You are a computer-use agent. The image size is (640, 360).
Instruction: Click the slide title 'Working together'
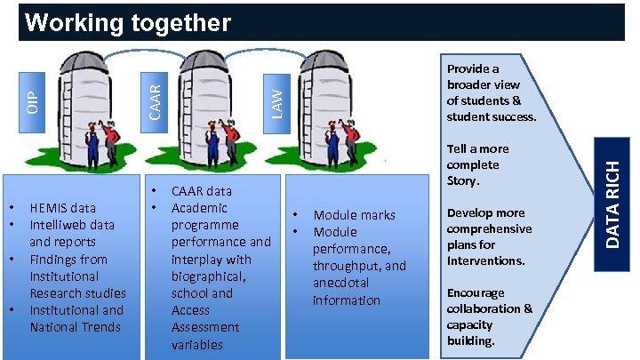128,22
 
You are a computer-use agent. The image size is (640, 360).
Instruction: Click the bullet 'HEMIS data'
62,208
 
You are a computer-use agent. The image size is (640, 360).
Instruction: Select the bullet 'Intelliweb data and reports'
71,234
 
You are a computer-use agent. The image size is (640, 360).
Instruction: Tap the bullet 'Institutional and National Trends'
76,318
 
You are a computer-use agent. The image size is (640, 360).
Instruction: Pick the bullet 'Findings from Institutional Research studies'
77,276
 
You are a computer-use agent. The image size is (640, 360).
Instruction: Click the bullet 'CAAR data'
201,191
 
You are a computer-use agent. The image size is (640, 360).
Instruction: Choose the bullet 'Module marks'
354,215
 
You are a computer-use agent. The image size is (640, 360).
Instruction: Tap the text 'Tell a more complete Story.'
476,165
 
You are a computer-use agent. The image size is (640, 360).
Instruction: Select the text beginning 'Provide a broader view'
491,92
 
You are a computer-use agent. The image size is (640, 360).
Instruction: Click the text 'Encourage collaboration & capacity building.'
490,316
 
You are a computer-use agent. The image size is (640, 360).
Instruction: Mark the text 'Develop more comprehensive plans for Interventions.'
489,236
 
